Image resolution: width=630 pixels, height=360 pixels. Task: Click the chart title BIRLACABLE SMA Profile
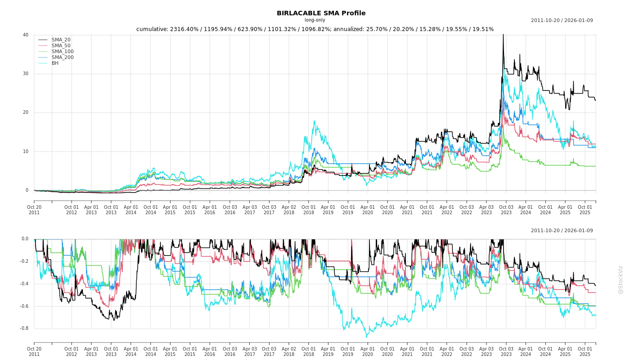(x=321, y=13)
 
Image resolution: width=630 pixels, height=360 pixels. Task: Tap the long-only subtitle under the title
(x=315, y=20)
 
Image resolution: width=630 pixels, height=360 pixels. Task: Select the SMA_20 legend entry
(x=61, y=40)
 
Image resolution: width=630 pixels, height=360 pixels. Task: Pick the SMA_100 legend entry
(x=62, y=52)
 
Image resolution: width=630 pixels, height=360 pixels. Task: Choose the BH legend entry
(x=55, y=63)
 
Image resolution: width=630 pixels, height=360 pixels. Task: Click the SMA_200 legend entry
(x=62, y=58)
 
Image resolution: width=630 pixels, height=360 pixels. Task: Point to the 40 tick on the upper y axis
(x=26, y=35)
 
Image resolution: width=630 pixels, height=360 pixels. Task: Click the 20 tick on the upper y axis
(x=26, y=112)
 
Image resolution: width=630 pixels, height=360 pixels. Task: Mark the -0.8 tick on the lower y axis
(x=24, y=328)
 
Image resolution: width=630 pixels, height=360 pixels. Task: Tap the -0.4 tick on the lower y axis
(x=24, y=284)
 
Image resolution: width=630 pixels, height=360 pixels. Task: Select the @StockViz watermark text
(x=621, y=279)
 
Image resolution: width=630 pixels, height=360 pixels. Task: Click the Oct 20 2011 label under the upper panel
(x=34, y=210)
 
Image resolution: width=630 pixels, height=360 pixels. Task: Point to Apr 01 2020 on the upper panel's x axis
(x=368, y=210)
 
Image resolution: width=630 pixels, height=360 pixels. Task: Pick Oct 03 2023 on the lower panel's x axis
(x=506, y=351)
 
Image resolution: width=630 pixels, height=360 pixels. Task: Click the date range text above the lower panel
(x=562, y=231)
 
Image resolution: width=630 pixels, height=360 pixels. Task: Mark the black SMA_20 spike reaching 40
(x=503, y=35)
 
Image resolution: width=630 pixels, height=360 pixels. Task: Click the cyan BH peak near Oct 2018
(x=314, y=121)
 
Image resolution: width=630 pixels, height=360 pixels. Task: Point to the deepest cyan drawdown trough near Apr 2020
(x=366, y=337)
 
